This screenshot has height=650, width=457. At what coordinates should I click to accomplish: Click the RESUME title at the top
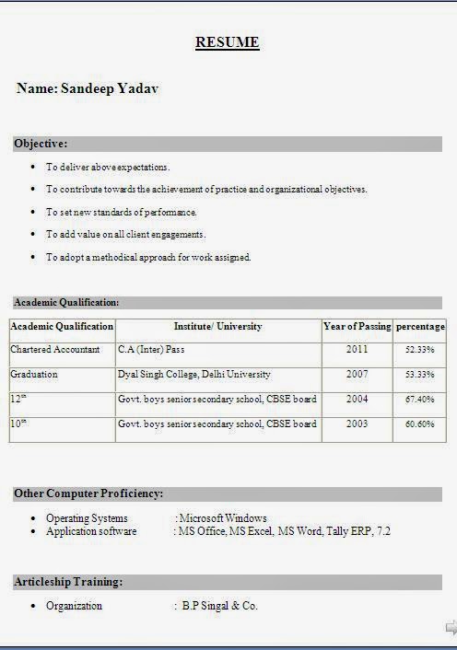(x=227, y=42)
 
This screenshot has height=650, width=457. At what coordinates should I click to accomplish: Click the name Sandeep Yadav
(x=88, y=88)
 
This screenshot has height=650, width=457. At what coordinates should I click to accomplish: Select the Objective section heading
(x=41, y=144)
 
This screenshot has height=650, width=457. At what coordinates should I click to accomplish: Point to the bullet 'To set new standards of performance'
(x=122, y=212)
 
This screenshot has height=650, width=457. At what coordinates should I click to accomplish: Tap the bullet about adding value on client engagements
(x=125, y=234)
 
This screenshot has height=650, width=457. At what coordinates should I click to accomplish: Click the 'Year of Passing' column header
(x=357, y=326)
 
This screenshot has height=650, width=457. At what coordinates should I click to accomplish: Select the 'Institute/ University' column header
(x=217, y=326)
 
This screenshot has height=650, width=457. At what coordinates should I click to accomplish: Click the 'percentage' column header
(x=420, y=326)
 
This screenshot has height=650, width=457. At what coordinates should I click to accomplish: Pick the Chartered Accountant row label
(x=55, y=350)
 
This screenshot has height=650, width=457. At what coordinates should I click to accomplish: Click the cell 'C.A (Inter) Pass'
(x=152, y=350)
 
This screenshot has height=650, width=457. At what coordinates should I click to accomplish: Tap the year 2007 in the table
(x=357, y=375)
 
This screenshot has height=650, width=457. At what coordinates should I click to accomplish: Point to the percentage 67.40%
(x=419, y=400)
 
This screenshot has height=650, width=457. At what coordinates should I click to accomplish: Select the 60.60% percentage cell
(x=419, y=424)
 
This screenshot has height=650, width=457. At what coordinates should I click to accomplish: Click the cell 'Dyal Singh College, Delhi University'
(x=194, y=375)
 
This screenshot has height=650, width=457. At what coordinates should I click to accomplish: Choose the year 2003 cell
(x=357, y=424)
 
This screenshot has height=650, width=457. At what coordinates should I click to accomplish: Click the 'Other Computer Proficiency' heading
(x=88, y=493)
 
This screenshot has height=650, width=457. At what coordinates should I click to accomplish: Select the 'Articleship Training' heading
(x=68, y=582)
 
